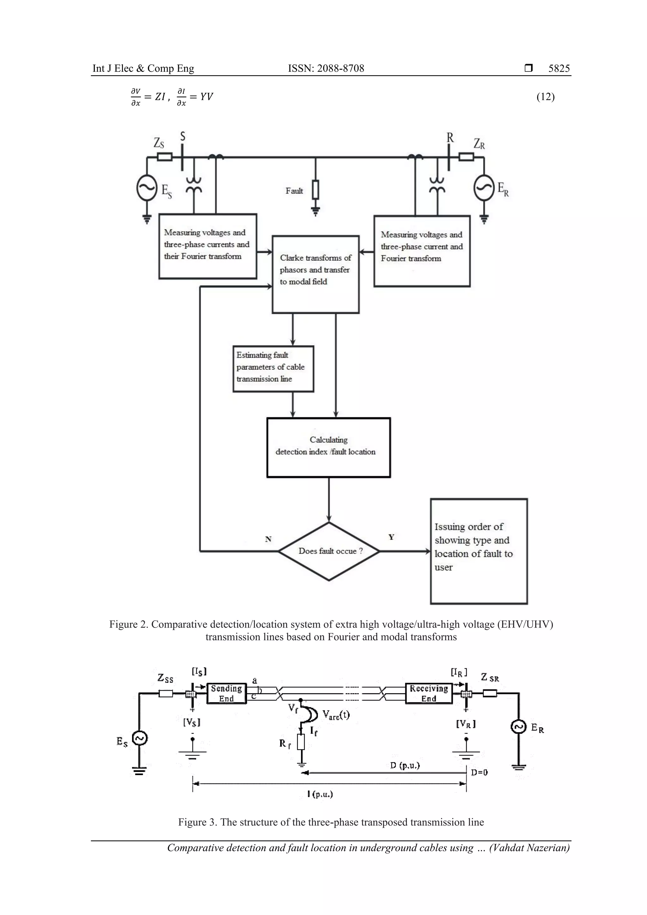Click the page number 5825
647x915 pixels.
coord(559,69)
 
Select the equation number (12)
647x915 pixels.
coord(545,97)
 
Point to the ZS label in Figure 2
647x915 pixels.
coord(159,143)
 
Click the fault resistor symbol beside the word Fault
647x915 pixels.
coord(315,190)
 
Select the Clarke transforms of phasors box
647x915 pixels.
coord(315,274)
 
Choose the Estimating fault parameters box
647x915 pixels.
coord(273,369)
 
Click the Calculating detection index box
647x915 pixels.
coord(329,447)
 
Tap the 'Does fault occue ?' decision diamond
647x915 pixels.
coord(329,551)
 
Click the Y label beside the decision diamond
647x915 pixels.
coord(391,537)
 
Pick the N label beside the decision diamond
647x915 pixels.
coord(268,539)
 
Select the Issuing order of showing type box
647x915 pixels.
coord(478,551)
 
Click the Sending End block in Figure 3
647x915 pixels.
coord(227,693)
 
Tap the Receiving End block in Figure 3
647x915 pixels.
coord(429,693)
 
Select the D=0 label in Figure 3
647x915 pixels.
coord(479,772)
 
